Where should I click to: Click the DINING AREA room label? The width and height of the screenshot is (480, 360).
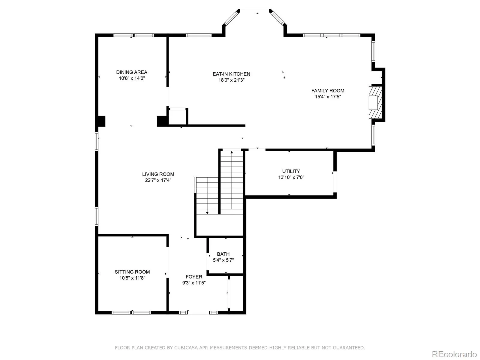coord(132,72)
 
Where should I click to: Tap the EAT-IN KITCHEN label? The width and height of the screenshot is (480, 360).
coord(231,74)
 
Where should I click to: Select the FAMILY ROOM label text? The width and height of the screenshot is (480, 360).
coord(328,91)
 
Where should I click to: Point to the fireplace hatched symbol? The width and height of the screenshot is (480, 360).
coord(375,102)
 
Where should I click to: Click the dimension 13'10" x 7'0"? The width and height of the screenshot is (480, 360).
coord(291,177)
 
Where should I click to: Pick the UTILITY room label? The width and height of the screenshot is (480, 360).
coord(291,171)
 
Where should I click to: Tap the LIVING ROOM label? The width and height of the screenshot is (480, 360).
coord(158,174)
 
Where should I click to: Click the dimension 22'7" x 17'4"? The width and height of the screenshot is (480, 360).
coord(158,180)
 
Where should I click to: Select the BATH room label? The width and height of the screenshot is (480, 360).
coord(223,254)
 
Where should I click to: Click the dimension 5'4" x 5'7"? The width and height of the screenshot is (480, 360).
coord(223,260)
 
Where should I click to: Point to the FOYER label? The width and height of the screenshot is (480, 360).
coord(194,277)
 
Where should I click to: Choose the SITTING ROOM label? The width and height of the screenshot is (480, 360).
coord(132,272)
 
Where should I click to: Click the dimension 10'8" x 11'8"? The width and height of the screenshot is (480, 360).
coord(132,278)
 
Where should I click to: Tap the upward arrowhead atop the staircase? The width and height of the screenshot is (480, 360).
coord(232,152)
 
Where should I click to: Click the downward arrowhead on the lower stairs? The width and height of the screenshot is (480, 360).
coord(207,213)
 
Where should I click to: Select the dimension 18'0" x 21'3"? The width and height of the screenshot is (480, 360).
coord(231,80)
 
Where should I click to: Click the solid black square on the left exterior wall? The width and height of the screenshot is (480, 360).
coord(101,121)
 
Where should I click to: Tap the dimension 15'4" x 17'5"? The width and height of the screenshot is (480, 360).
coord(328,97)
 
